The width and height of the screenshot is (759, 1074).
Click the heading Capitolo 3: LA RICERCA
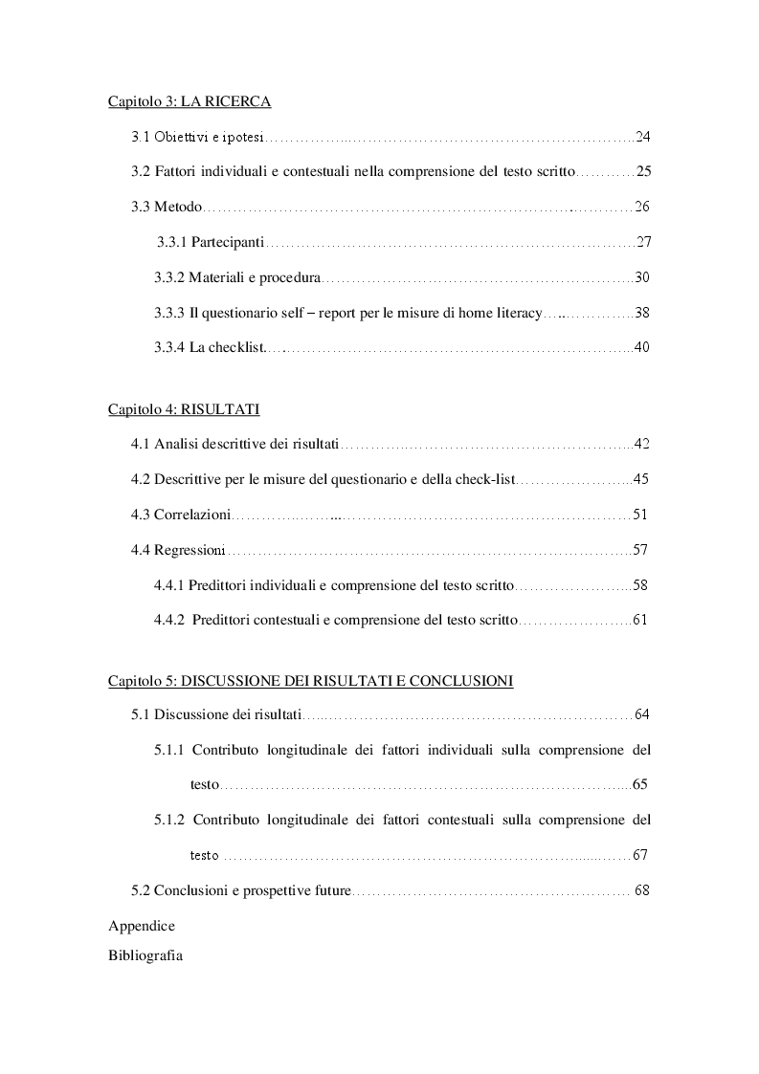click(x=190, y=101)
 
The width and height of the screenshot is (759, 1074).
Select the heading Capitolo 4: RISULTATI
click(x=184, y=409)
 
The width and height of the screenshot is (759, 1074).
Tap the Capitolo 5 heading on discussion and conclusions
click(x=310, y=681)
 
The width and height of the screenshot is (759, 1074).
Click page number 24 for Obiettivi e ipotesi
click(x=642, y=137)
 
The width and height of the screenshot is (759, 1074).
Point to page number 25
click(x=643, y=172)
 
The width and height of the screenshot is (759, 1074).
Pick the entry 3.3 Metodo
click(x=166, y=207)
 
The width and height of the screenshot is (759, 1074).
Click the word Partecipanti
click(x=228, y=242)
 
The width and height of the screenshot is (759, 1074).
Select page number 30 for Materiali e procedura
click(x=642, y=277)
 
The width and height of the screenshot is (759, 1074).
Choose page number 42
click(x=642, y=444)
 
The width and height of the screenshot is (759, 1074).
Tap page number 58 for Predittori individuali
click(x=640, y=584)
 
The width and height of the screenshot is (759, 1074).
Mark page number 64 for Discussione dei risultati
click(x=642, y=714)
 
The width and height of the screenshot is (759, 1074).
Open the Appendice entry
click(x=142, y=926)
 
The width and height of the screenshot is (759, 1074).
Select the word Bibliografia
click(x=145, y=955)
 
